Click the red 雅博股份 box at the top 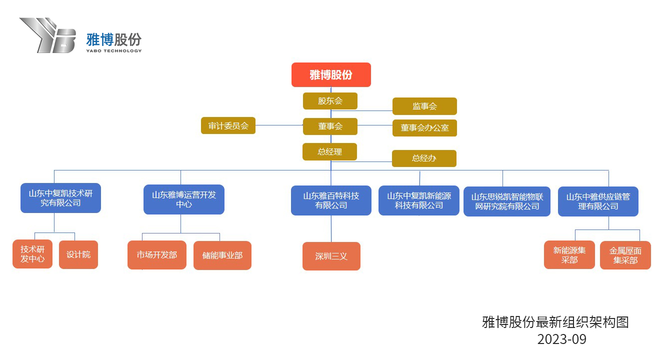[331, 75]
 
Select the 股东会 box [330, 101]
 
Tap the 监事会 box [424, 106]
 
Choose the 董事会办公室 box [424, 128]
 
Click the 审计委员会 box [228, 126]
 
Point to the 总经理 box [329, 151]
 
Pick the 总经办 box [424, 158]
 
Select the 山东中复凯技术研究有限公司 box [60, 198]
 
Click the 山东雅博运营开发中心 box [184, 199]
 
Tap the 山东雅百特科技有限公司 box [331, 200]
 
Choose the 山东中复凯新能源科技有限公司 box [419, 200]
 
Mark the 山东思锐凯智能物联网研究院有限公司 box [507, 201]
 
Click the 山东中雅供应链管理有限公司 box [598, 201]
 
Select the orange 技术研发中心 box [32, 254]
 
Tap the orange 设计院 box [78, 254]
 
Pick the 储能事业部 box [222, 255]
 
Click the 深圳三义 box [331, 256]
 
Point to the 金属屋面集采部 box [625, 255]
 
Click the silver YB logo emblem [48, 35]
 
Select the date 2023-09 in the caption [561, 339]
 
